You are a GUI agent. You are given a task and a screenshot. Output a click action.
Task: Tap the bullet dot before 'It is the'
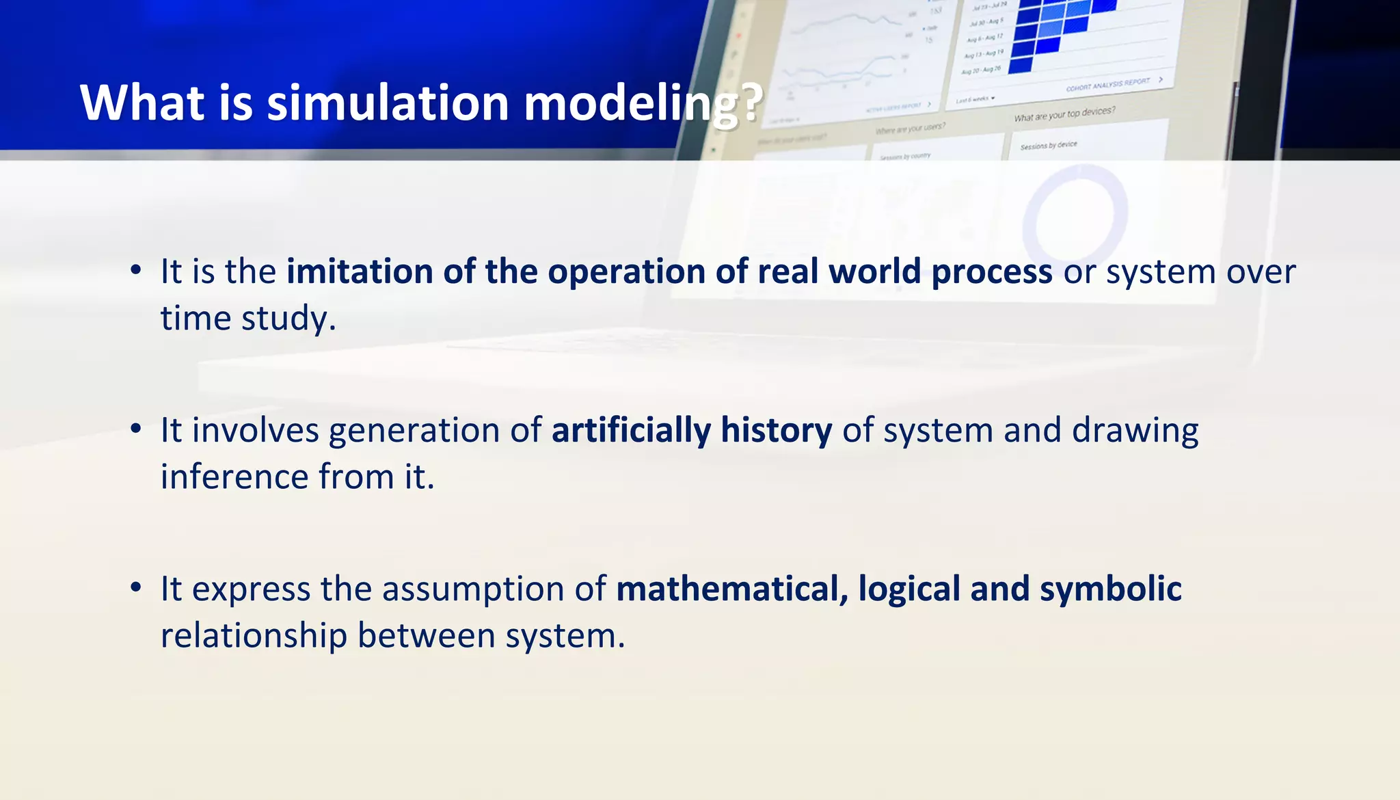click(136, 270)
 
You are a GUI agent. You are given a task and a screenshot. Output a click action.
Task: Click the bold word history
click(776, 431)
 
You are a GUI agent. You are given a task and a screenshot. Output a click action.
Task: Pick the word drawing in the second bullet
click(1135, 431)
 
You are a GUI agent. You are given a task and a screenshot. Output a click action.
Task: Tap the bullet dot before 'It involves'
click(136, 429)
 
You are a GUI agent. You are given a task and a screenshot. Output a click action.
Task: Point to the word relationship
click(254, 636)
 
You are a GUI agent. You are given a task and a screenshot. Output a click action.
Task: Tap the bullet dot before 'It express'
click(136, 587)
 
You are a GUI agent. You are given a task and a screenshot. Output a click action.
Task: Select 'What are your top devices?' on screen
click(1064, 114)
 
